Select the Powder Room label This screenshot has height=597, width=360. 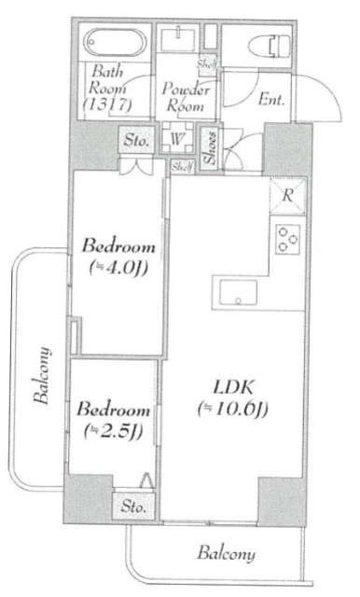point(187,96)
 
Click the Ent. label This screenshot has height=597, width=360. point(271,97)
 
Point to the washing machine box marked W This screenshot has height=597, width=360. point(176,139)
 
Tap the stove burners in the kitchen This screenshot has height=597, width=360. point(287,241)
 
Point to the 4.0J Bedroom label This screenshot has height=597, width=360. point(118,247)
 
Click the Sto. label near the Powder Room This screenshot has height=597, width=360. point(136,142)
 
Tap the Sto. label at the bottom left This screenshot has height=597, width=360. point(133,507)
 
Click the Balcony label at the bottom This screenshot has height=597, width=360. point(225,554)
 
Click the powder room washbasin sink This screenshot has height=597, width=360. point(177,39)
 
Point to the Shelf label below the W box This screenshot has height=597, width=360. point(181,166)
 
